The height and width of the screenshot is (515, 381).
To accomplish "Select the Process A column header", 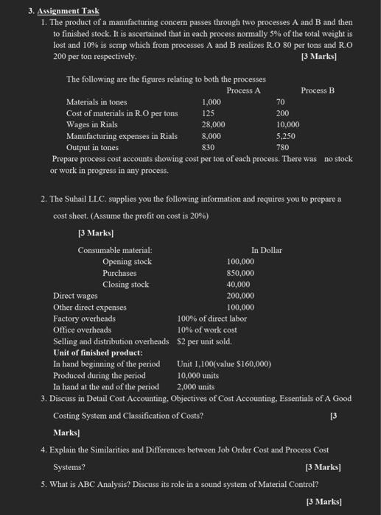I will click(x=243, y=90).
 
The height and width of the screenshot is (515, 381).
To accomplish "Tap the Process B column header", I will click(x=318, y=90).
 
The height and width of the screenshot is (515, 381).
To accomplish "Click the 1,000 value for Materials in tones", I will click(x=212, y=102).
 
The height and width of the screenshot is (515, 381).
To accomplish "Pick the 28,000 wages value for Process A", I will click(x=214, y=125).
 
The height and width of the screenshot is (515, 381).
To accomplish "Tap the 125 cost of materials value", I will click(x=208, y=113).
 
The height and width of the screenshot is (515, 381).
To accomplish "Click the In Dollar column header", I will click(x=266, y=250).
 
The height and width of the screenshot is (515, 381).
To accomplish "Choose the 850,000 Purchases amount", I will click(x=241, y=273).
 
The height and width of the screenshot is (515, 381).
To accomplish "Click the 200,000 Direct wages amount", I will click(x=241, y=296).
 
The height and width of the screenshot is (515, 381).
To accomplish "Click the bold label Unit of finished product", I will click(x=98, y=352).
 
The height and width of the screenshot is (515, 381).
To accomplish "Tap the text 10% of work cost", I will click(x=206, y=330).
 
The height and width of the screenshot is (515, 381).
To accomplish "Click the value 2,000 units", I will click(x=196, y=386).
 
